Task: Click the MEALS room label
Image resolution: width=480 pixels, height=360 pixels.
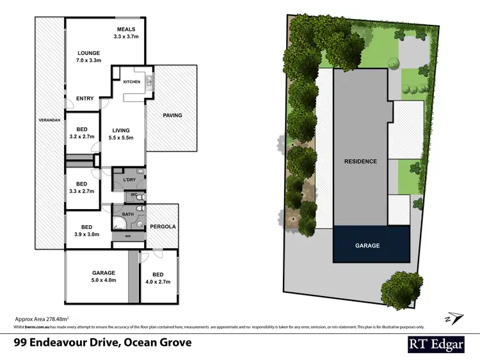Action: click(125, 33)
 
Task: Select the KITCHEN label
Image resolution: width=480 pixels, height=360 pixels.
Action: click(131, 82)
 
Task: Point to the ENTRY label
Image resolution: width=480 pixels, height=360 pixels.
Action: click(84, 98)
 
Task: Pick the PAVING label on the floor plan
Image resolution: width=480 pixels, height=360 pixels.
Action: click(172, 116)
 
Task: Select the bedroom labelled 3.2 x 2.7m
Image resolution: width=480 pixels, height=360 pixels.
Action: click(81, 133)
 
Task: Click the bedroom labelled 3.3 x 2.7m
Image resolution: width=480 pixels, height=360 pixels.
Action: click(81, 187)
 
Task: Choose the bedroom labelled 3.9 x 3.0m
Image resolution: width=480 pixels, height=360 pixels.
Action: click(86, 231)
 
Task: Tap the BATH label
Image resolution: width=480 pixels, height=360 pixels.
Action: click(127, 214)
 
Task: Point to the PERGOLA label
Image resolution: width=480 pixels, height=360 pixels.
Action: click(163, 227)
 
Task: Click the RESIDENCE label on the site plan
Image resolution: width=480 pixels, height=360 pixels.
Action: click(360, 161)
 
